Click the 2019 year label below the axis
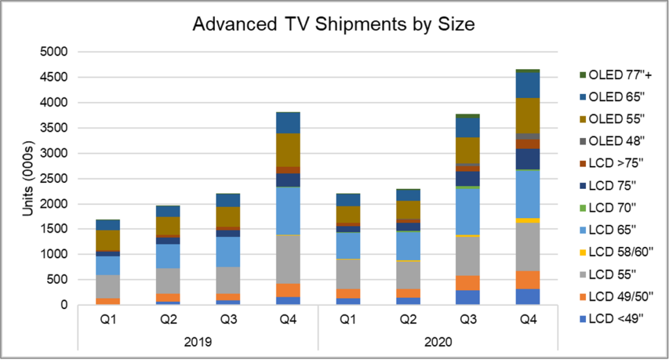198,342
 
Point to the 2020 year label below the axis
437,342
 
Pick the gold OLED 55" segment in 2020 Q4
527,116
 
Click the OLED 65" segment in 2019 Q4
287,123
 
